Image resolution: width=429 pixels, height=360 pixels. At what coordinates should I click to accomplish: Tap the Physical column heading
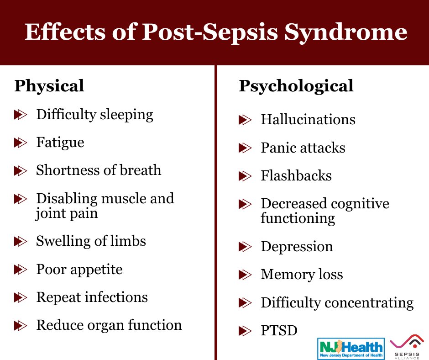(x=49, y=86)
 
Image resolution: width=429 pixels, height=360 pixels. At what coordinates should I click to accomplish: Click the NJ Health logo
(x=351, y=349)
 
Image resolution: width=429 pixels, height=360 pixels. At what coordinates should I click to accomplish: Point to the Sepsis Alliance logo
(x=407, y=347)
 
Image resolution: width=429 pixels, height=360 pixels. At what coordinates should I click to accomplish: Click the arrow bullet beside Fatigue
(x=21, y=143)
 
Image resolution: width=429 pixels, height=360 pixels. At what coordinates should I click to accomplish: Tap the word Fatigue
(x=60, y=143)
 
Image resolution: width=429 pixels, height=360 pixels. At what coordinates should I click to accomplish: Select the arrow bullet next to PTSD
(x=245, y=331)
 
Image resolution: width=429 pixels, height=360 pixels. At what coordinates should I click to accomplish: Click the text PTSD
(x=279, y=330)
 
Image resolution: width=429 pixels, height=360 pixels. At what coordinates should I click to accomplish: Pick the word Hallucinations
(x=308, y=119)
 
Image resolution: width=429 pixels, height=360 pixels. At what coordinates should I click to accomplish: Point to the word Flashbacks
(x=296, y=175)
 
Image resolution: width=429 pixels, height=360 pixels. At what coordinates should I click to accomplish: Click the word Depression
(x=297, y=247)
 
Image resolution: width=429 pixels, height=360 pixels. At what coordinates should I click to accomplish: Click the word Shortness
(x=65, y=170)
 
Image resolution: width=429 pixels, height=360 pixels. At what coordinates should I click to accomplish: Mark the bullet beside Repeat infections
(x=21, y=297)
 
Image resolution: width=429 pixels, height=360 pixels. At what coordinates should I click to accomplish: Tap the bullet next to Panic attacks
(x=245, y=148)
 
